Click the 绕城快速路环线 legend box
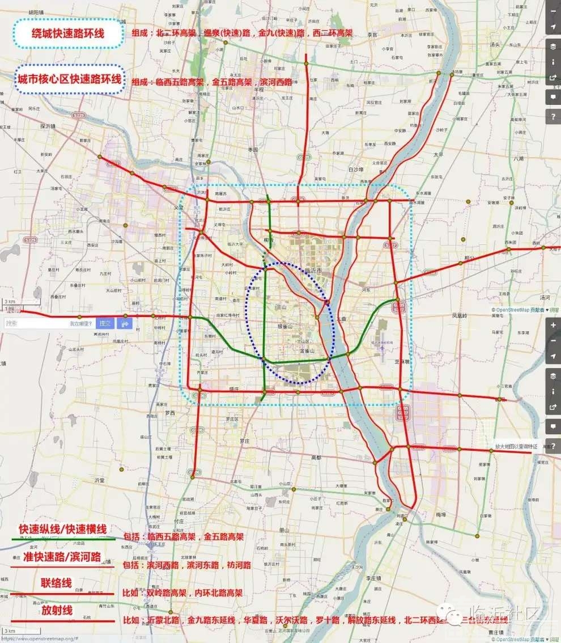click(68, 33)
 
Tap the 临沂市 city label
click(313, 270)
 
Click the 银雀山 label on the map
click(284, 327)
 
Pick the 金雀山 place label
click(307, 351)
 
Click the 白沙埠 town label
click(355, 169)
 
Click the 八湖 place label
click(518, 159)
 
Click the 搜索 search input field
click(34, 323)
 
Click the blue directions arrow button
click(125, 323)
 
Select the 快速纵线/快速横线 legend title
click(62, 529)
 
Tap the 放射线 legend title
click(57, 611)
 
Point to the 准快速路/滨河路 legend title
click(62, 557)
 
